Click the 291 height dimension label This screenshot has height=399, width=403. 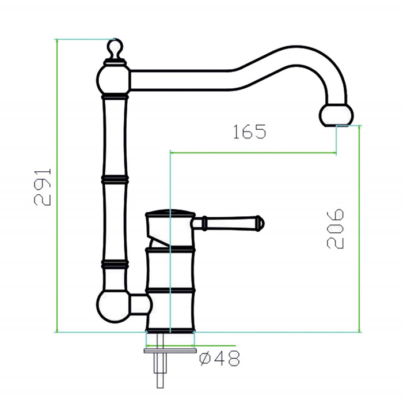[x=43, y=187]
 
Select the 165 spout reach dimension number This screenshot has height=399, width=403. [x=249, y=132]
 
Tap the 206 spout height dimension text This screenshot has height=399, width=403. [x=335, y=229]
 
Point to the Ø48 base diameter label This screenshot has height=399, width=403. [x=220, y=358]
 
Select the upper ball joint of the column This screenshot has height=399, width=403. [x=113, y=80]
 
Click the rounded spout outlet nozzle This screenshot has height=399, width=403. [x=336, y=115]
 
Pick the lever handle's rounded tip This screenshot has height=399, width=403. [x=260, y=223]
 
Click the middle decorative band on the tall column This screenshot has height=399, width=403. [x=115, y=179]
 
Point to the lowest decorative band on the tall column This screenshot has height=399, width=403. [x=115, y=265]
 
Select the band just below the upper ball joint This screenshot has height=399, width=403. [x=115, y=97]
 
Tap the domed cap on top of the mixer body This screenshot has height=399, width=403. [x=170, y=213]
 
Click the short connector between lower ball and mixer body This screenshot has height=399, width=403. [x=139, y=304]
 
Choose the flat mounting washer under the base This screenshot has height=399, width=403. [x=170, y=351]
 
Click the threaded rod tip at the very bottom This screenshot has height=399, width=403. [x=160, y=381]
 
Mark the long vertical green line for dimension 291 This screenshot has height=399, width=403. [x=57, y=186]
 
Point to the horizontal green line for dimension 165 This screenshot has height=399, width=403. [x=253, y=153]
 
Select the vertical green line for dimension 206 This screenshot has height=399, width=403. [x=359, y=229]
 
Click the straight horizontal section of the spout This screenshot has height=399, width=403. [x=181, y=80]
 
